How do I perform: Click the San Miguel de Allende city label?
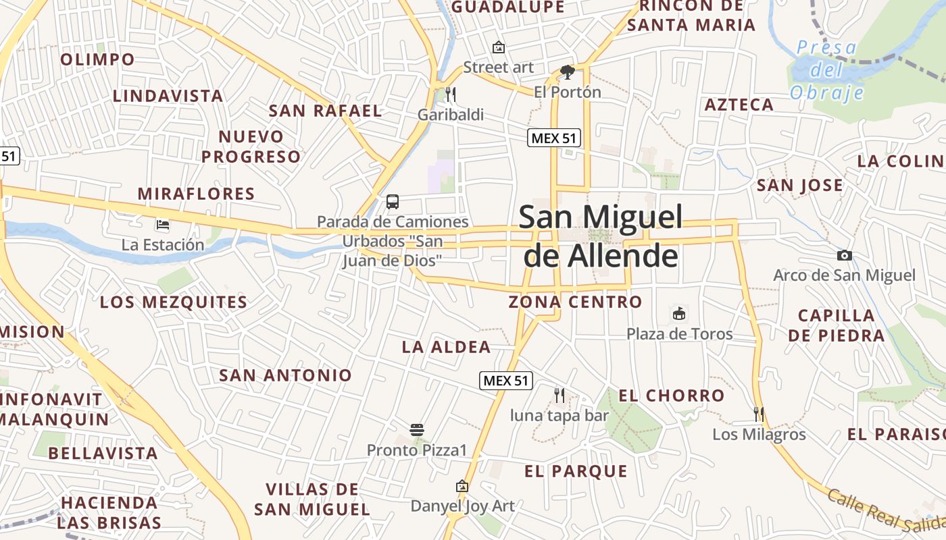(x=600, y=236)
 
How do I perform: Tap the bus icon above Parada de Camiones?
(x=393, y=201)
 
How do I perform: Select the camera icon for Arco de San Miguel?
(x=844, y=255)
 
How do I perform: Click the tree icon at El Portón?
(x=567, y=72)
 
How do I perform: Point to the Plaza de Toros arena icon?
(x=679, y=314)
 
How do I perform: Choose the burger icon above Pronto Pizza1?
(x=417, y=429)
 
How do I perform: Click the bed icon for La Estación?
(x=162, y=224)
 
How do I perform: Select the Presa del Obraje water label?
(x=826, y=70)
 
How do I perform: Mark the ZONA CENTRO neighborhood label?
(x=575, y=302)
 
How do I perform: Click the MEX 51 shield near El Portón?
(x=554, y=138)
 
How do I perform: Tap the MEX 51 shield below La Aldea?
(x=506, y=380)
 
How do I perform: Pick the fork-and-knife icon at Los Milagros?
(x=759, y=413)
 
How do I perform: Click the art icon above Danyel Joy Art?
(x=462, y=486)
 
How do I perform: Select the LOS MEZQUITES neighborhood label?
(x=174, y=302)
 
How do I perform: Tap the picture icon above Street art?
(x=499, y=47)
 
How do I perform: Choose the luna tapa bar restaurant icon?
(x=559, y=395)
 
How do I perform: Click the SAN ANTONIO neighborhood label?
(x=285, y=375)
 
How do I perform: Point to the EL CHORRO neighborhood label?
(x=671, y=396)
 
